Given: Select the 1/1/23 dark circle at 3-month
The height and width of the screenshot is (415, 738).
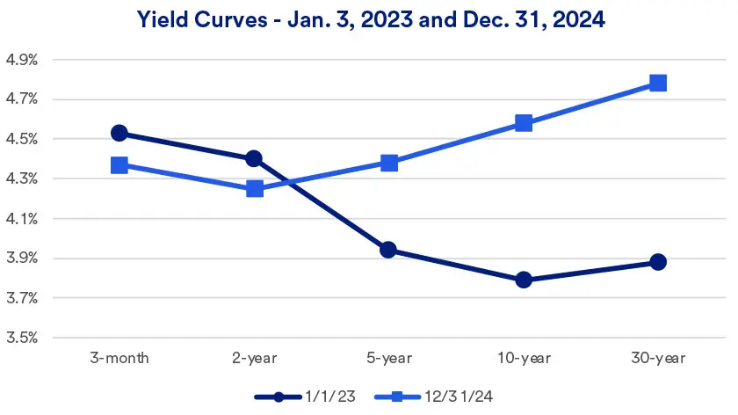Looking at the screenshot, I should click(119, 134).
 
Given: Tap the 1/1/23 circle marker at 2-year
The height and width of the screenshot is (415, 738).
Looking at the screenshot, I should click(254, 159).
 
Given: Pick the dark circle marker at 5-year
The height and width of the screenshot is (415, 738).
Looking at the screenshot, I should click(389, 250).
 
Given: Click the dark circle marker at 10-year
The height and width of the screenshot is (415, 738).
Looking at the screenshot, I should click(524, 280).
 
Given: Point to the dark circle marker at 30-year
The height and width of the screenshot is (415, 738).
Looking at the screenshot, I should click(658, 262).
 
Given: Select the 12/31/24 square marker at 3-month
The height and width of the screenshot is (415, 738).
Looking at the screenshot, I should click(119, 165).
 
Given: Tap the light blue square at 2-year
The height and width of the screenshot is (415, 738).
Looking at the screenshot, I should click(255, 188).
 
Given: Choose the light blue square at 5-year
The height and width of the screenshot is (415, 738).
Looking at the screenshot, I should click(389, 163).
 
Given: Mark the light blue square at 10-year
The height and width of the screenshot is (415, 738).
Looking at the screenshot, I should click(524, 123).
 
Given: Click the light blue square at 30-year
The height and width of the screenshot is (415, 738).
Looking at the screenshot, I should click(658, 84).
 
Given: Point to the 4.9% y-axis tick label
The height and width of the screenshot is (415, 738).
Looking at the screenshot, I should click(22, 61).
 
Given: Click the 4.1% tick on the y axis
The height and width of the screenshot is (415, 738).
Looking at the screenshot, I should click(22, 219).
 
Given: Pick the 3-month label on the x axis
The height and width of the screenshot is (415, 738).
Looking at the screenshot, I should click(119, 358).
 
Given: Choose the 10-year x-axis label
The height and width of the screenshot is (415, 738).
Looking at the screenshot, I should click(524, 358).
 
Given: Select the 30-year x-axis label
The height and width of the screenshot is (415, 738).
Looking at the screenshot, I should click(658, 358).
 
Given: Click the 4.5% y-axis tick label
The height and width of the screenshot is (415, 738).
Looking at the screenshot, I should click(22, 140).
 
